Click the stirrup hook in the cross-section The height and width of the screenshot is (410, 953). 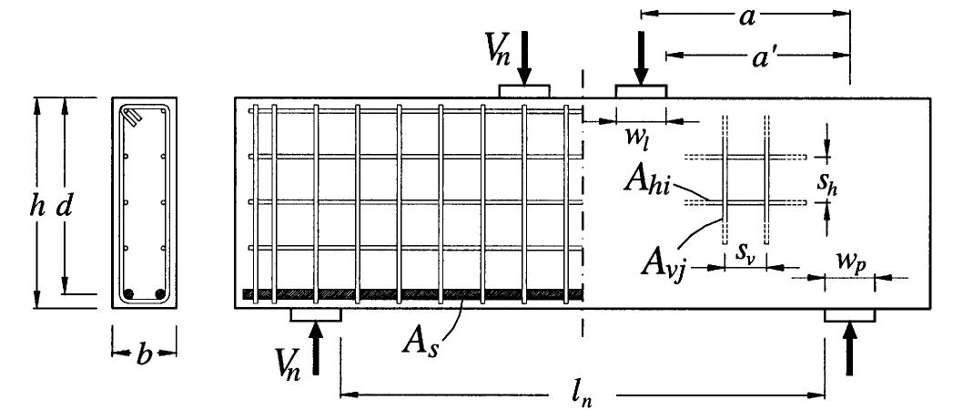pyautogui.click(x=133, y=117)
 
